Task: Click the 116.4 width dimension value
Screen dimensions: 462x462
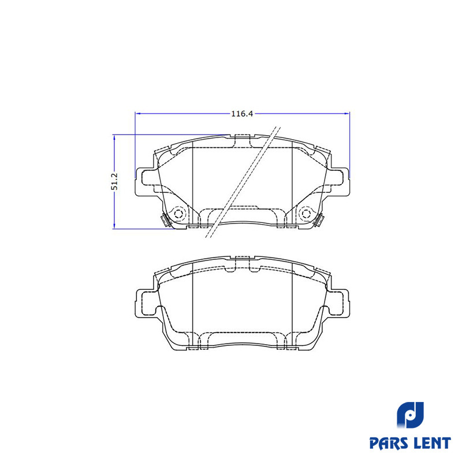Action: click(x=243, y=114)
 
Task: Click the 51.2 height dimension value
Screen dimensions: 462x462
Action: click(x=114, y=181)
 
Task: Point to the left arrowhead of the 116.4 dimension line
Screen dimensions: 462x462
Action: click(x=137, y=113)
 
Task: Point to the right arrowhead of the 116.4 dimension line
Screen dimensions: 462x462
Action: click(x=348, y=113)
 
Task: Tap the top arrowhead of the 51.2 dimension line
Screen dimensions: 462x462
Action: click(x=114, y=137)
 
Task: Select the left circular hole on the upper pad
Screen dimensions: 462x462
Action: click(x=178, y=213)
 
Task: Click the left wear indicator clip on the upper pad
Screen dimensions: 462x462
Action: click(x=164, y=220)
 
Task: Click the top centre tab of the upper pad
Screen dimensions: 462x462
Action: click(x=243, y=139)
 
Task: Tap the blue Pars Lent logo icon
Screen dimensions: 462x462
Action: click(x=411, y=418)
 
